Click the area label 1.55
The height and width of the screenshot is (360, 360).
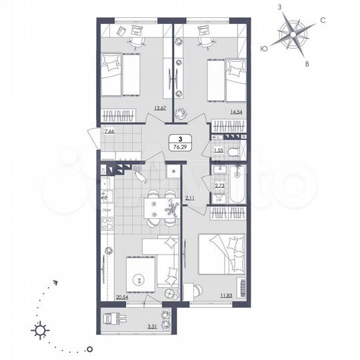click(x=218, y=151)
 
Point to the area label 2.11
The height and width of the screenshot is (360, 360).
click(x=189, y=197)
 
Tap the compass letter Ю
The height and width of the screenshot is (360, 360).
click(x=264, y=49)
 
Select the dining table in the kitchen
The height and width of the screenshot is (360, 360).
click(x=159, y=207)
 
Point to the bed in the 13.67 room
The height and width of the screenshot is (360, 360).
click(x=122, y=74)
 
